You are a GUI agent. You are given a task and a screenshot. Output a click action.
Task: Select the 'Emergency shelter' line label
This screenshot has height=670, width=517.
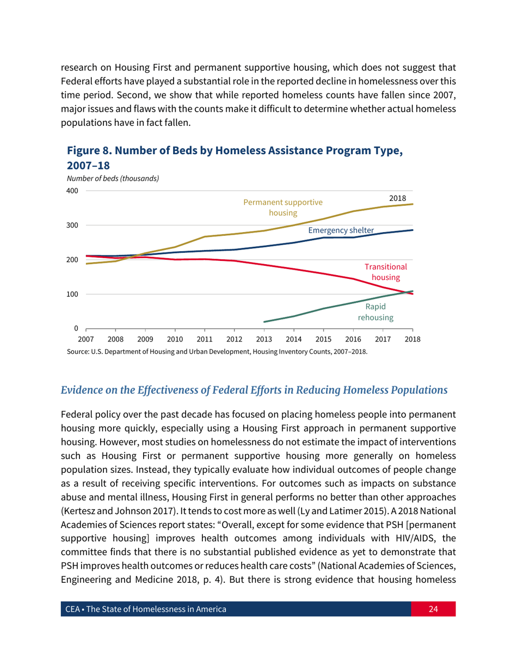pos(341,230)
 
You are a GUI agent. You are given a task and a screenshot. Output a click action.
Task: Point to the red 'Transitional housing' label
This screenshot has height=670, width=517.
pos(386,272)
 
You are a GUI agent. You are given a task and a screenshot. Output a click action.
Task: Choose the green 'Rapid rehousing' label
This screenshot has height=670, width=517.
pos(376,312)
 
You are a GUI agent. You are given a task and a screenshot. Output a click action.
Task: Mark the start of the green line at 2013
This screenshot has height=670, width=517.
pos(264,321)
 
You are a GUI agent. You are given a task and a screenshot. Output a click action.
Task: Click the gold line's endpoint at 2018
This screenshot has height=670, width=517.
pos(413,204)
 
